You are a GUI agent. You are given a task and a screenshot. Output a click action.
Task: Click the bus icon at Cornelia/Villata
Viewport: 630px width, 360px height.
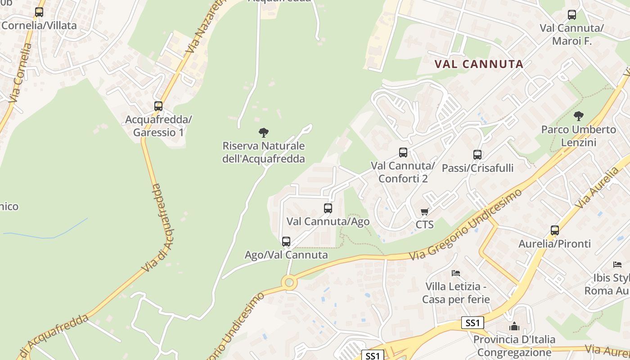(x=39, y=12)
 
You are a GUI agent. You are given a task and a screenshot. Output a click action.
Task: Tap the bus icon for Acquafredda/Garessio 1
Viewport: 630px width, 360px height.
(x=158, y=106)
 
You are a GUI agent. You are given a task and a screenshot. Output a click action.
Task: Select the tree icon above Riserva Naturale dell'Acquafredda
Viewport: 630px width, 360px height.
(x=264, y=132)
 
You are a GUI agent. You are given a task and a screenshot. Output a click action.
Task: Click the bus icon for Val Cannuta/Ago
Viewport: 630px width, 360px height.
(x=328, y=208)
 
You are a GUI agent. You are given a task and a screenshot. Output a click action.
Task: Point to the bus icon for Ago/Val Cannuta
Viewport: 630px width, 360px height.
(x=286, y=242)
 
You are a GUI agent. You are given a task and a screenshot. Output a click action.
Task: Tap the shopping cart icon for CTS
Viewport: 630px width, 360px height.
(x=424, y=211)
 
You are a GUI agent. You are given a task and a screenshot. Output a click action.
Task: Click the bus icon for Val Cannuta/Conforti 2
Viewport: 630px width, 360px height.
(x=403, y=153)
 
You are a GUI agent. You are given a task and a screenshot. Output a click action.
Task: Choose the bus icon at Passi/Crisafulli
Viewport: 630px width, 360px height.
(x=477, y=155)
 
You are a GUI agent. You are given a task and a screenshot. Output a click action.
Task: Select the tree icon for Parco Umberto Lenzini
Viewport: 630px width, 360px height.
(x=579, y=116)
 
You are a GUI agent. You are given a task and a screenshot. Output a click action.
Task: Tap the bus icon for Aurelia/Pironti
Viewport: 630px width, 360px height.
(x=555, y=230)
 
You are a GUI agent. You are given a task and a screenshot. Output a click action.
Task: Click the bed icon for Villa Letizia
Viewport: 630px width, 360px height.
(x=456, y=273)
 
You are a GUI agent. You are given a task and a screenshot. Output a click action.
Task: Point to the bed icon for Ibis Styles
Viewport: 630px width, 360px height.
(x=617, y=264)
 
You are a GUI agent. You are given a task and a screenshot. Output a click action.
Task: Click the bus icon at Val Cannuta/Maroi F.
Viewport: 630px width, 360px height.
(x=572, y=15)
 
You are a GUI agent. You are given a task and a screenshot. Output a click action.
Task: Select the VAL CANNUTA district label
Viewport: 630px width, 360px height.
(x=479, y=64)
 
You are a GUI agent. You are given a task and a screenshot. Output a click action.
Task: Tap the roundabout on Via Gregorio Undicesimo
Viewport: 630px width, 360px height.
(x=289, y=283)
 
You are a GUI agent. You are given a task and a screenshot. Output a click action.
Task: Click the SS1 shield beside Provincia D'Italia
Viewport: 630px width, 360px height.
(x=473, y=323)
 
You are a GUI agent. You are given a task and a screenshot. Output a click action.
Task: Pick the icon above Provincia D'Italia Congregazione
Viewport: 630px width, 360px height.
(x=514, y=326)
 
